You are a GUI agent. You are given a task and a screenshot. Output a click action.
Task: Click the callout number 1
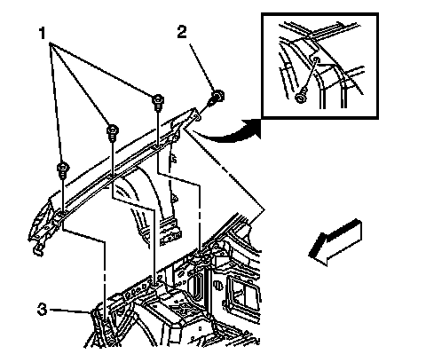(x=43, y=33)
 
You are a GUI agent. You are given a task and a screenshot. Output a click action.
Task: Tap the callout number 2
(x=182, y=32)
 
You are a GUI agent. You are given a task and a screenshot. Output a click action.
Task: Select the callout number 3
(x=42, y=310)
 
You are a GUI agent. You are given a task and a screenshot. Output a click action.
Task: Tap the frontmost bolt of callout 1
(x=63, y=170)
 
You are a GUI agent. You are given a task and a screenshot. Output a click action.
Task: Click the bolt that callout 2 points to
(x=217, y=98)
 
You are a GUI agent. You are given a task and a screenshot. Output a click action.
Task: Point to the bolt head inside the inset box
(x=300, y=98)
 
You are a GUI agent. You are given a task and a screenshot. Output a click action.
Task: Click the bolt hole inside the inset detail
(x=316, y=60)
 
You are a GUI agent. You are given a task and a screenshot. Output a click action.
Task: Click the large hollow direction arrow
(x=335, y=242)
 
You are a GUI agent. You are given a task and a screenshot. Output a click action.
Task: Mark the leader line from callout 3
(x=70, y=311)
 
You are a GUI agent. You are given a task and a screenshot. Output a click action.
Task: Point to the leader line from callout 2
(x=201, y=67)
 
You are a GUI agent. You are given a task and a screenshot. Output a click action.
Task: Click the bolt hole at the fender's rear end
(x=197, y=118)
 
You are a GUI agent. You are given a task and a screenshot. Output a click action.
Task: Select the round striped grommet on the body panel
(x=217, y=285)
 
